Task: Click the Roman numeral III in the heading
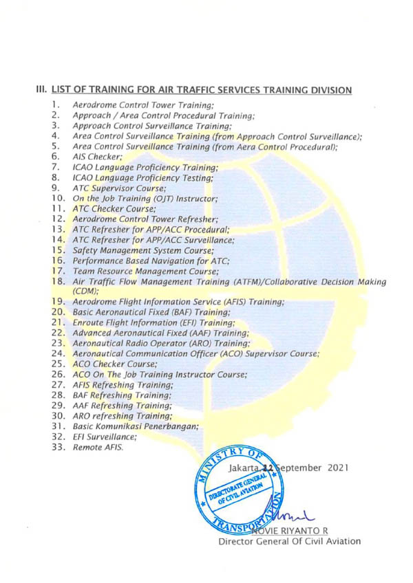41,90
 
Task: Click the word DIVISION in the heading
328,90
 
